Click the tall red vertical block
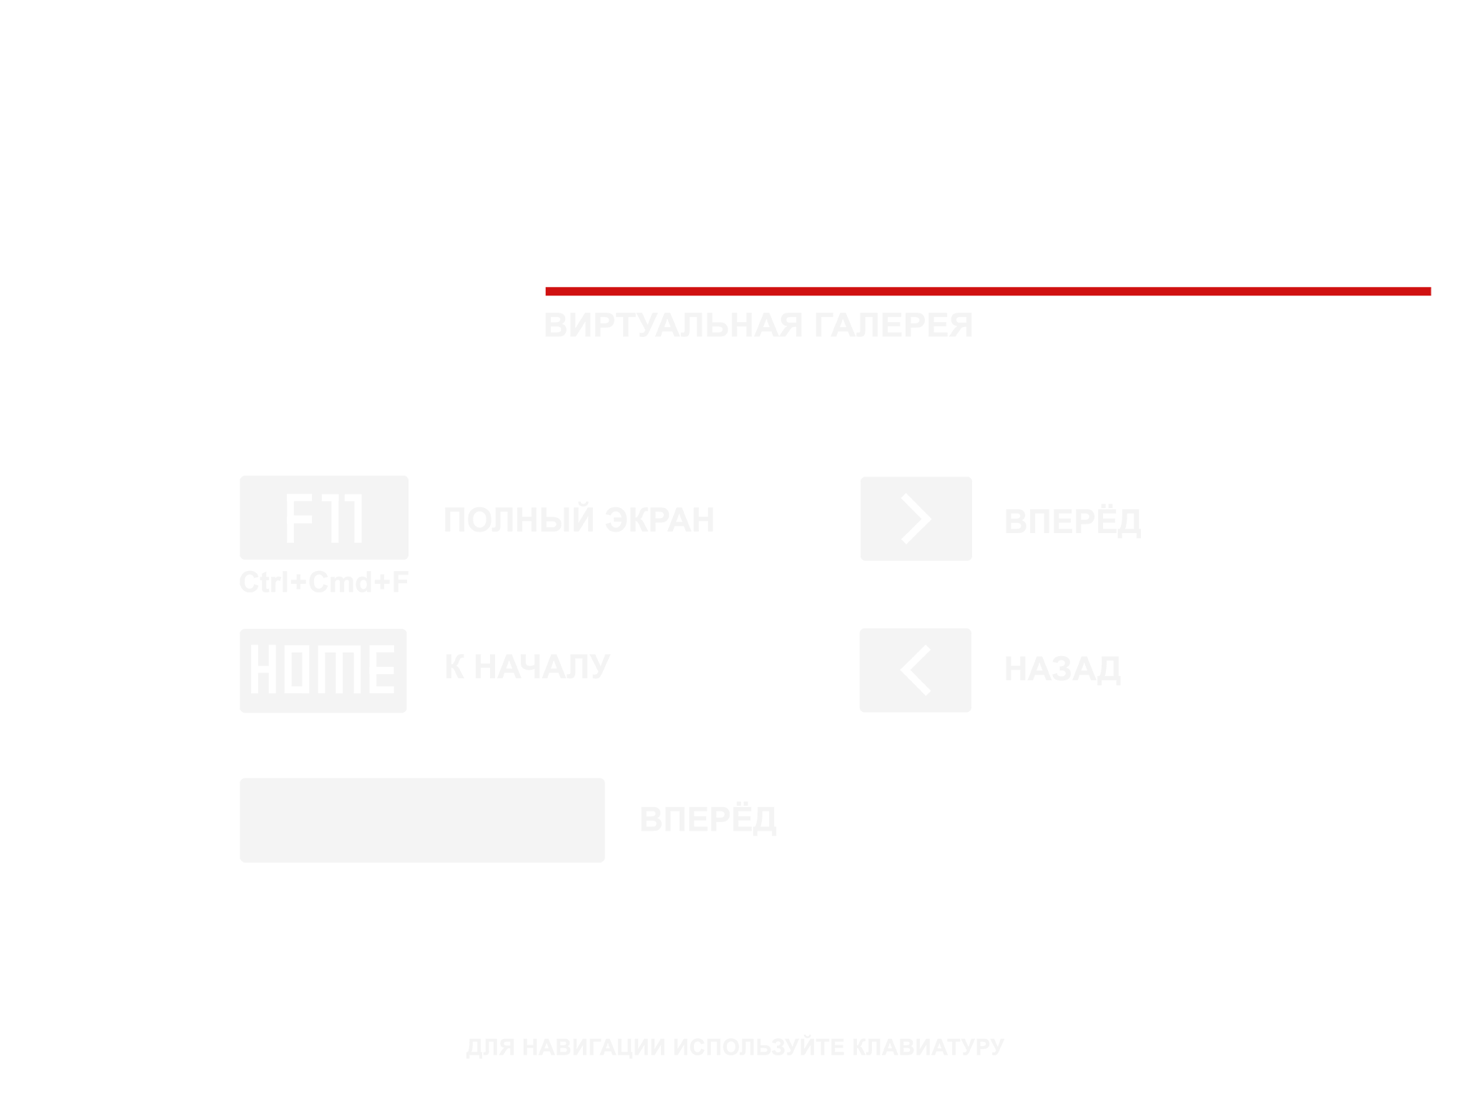(x=1250, y=422)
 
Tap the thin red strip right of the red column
(x=1373, y=291)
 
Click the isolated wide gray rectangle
(x=508, y=820)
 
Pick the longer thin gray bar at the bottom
(x=627, y=1048)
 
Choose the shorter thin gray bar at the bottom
(x=897, y=1045)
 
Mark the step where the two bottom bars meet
(x=790, y=1046)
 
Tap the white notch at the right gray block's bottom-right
(x=1097, y=699)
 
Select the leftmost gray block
(x=382, y=594)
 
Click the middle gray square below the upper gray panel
(x=619, y=594)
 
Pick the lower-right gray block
(x=999, y=608)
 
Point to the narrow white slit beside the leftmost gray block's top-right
(x=526, y=492)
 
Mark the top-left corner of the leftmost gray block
(x=240, y=476)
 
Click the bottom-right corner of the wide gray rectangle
(x=775, y=861)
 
